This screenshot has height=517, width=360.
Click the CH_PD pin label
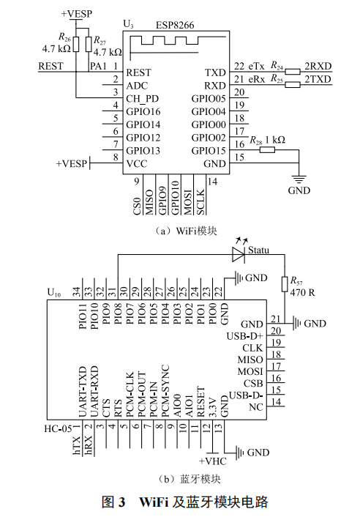point(143,98)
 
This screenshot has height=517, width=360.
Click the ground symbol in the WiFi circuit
point(299,178)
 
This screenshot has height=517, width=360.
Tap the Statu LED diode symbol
point(238,254)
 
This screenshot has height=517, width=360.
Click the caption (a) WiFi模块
point(179,231)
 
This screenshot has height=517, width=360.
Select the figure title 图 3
point(115,502)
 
